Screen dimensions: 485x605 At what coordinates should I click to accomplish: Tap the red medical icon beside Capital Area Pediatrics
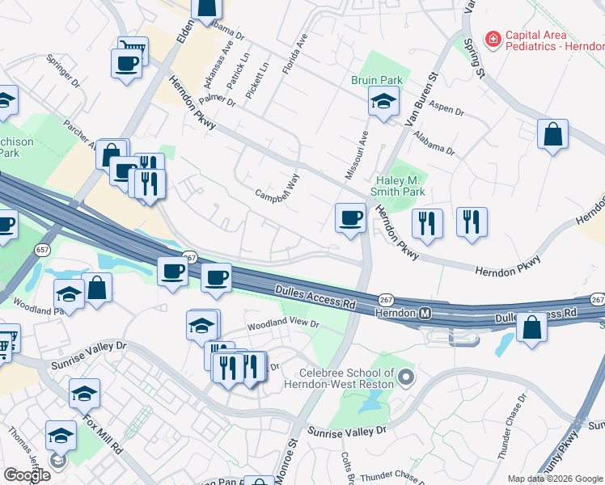491,37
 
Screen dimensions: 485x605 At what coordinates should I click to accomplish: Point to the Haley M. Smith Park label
397,186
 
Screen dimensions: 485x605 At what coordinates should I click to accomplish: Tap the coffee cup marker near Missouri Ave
350,217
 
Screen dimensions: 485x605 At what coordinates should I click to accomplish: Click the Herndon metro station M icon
423,312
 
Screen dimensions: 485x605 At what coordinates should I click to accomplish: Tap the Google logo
27,475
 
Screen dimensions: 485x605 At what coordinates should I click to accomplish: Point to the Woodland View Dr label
283,324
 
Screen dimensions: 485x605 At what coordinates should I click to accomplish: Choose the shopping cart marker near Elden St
133,50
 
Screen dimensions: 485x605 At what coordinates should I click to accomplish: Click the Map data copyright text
554,479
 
